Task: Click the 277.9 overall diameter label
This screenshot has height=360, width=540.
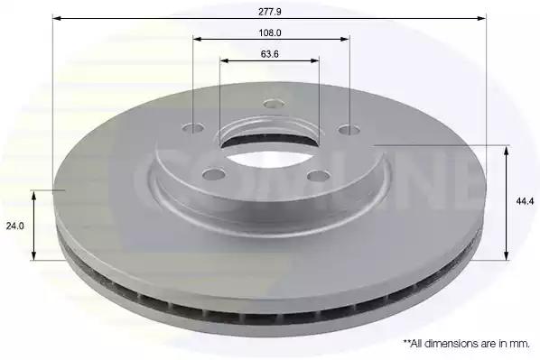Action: pyautogui.click(x=270, y=12)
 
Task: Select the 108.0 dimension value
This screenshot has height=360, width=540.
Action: pyautogui.click(x=270, y=33)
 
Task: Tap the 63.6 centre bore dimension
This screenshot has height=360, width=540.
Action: pyautogui.click(x=270, y=54)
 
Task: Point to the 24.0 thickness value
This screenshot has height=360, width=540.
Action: pyautogui.click(x=14, y=226)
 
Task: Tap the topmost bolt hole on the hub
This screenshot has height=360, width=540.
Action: pyautogui.click(x=274, y=103)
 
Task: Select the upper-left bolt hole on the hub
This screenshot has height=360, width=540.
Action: pyautogui.click(x=193, y=129)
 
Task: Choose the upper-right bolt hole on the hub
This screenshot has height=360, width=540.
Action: pyautogui.click(x=349, y=130)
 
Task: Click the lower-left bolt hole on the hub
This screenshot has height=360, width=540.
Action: pyautogui.click(x=214, y=174)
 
